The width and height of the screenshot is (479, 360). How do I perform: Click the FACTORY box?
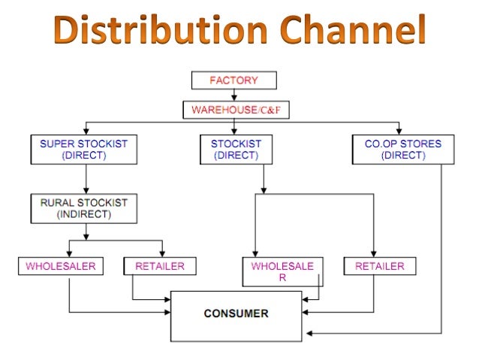tap(233, 80)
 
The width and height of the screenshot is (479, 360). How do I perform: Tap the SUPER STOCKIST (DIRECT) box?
tap(84, 150)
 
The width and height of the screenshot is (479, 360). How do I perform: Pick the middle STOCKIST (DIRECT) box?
tap(236, 150)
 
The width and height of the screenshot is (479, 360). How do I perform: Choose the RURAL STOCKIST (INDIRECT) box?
tap(84, 208)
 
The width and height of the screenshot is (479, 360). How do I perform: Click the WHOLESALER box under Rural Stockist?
tap(62, 266)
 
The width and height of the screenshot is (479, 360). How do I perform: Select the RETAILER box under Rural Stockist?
tap(159, 266)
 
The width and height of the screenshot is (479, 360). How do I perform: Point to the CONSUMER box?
tap(236, 314)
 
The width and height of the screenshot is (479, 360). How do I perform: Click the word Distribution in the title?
tap(143, 32)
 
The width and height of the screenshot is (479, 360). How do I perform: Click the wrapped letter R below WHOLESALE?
tap(282, 277)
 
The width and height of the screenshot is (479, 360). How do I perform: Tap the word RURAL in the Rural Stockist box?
tap(56, 202)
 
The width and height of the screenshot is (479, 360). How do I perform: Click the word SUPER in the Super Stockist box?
tap(56, 144)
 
